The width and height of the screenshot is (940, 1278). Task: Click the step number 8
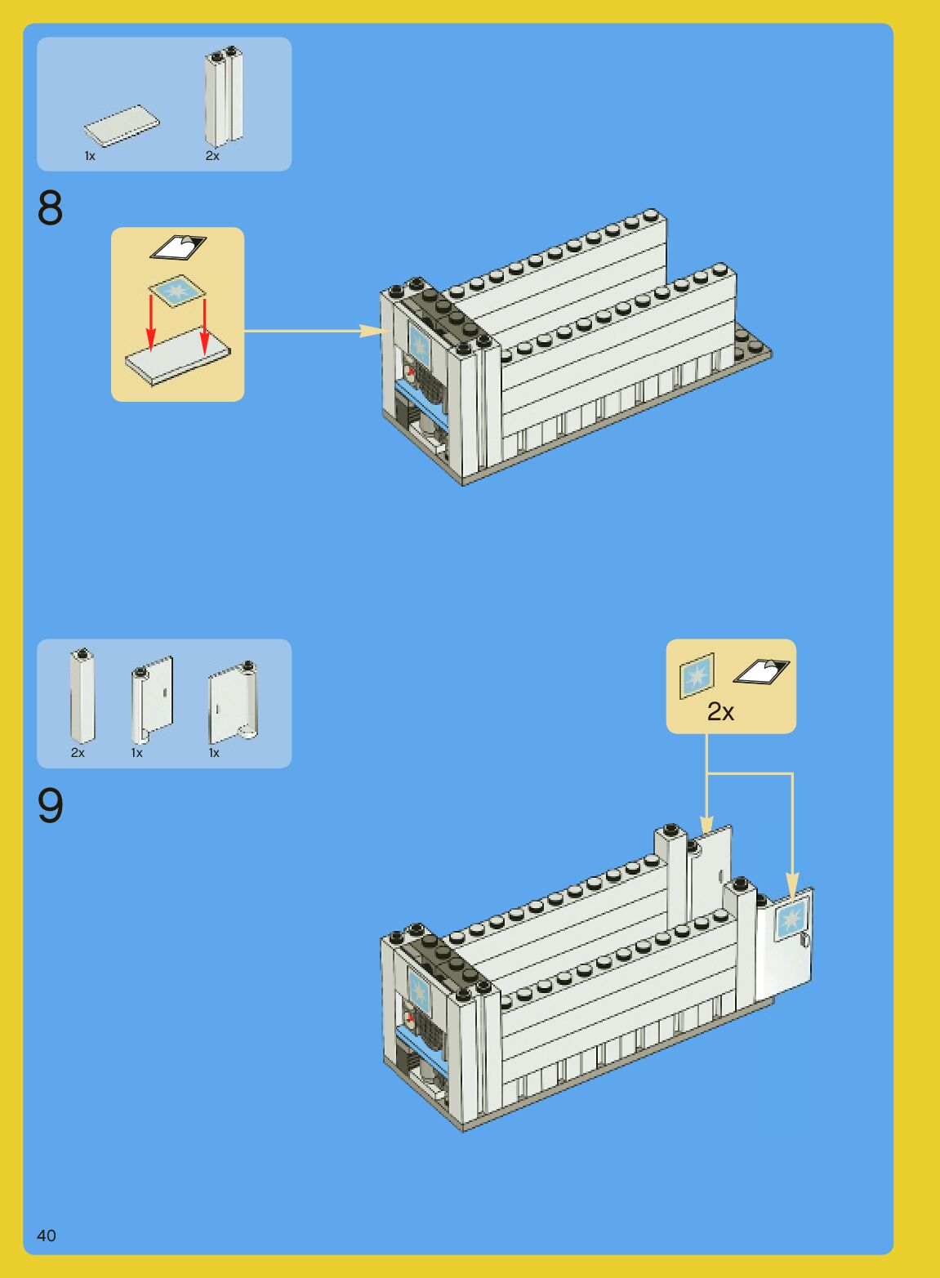click(x=50, y=208)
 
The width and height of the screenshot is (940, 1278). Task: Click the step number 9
click(x=50, y=806)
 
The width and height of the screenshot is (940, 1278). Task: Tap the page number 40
click(x=47, y=1236)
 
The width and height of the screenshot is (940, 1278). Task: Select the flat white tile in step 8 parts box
click(x=122, y=126)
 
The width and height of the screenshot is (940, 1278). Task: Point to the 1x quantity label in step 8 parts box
click(x=90, y=156)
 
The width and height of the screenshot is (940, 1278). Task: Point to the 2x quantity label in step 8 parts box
click(x=212, y=156)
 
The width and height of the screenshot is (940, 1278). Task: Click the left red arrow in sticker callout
click(x=151, y=323)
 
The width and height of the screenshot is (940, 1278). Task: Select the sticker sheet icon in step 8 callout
click(x=179, y=247)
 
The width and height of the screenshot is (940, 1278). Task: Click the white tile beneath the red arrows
click(x=177, y=359)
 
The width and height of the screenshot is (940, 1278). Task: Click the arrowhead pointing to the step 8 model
click(x=372, y=331)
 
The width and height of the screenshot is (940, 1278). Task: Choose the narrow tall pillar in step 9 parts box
click(x=82, y=696)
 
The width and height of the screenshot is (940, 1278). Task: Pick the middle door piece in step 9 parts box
click(x=153, y=697)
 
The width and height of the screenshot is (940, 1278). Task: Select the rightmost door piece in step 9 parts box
click(x=233, y=701)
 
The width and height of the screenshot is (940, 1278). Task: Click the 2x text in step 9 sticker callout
click(x=720, y=712)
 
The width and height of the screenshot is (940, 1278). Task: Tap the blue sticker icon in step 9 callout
click(x=697, y=675)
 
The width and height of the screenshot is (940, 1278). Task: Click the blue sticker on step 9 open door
click(x=791, y=920)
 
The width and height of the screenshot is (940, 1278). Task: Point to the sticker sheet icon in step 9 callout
click(x=761, y=671)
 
